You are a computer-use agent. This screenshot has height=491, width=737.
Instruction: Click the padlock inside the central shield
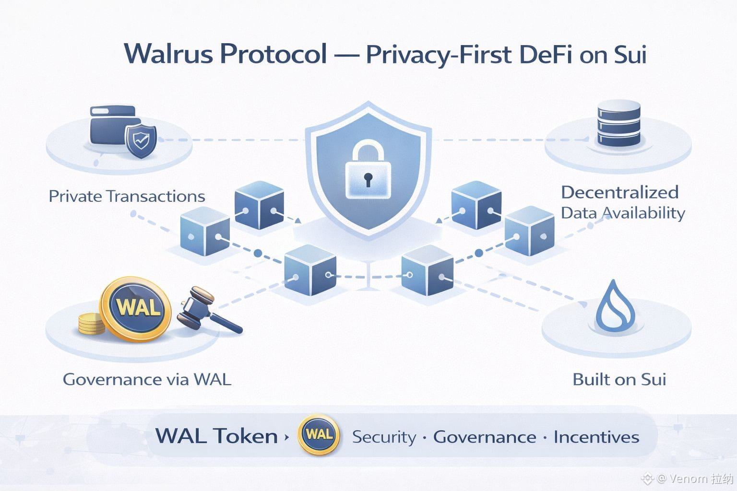point(368,170)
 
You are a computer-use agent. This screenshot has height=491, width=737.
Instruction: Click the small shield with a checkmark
point(141,141)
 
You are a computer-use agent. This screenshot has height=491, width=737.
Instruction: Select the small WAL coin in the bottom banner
point(319,435)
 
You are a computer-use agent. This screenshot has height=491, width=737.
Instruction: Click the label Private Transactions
point(127,196)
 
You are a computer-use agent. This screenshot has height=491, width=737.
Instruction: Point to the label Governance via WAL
point(147,379)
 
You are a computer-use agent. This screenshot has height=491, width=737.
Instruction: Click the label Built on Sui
point(619,379)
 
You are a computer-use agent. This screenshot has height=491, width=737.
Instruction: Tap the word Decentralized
point(619,192)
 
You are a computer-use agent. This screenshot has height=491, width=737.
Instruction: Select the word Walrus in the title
point(168,54)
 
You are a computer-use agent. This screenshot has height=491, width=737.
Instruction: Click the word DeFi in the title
point(545,54)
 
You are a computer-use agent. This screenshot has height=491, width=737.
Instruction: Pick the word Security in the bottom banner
point(384,437)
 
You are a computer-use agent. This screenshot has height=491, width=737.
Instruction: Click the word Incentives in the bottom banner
point(596,437)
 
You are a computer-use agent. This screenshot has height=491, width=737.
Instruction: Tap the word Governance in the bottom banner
point(485,437)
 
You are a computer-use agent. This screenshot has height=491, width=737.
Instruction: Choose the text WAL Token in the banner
point(216,436)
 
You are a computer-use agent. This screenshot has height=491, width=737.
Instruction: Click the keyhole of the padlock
point(368,179)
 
